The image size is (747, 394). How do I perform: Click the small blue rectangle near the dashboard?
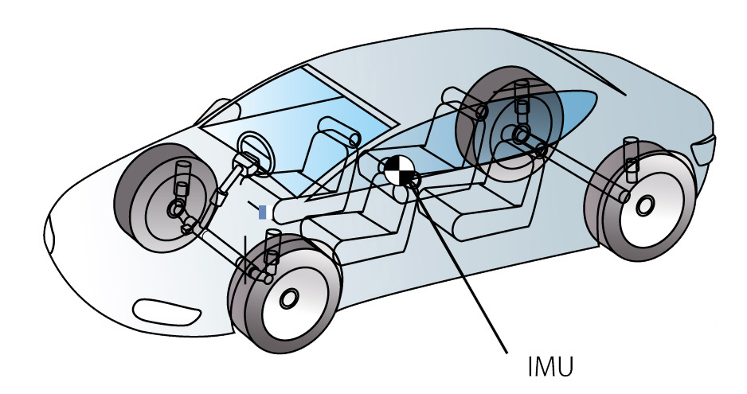(263, 212)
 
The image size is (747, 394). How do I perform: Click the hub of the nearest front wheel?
(287, 298)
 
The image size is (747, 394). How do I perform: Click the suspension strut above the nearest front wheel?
(272, 247)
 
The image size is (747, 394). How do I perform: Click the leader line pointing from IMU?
(462, 271)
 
